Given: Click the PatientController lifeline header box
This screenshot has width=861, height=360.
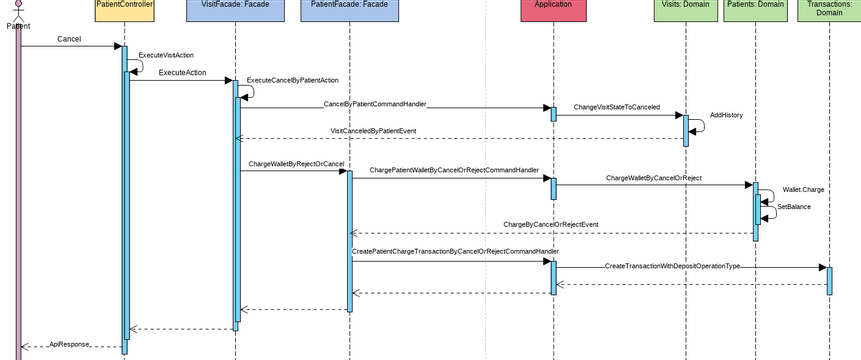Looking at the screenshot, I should (x=124, y=10).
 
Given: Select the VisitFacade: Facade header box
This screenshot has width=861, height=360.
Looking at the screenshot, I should (x=235, y=10).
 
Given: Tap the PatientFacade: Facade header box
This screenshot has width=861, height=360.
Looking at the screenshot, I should (x=349, y=10).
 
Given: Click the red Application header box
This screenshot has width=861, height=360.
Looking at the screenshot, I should (x=553, y=10).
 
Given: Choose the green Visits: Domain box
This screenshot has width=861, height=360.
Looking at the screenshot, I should (x=686, y=10).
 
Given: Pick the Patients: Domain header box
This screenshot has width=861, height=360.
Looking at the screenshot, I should (x=755, y=10).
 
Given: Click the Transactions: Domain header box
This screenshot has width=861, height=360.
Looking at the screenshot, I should (x=828, y=10).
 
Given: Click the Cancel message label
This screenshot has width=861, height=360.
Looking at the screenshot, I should (x=69, y=39).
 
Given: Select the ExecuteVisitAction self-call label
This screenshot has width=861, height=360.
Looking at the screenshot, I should (x=166, y=55).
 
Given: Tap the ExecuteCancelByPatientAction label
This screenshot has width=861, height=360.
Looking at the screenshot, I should (x=292, y=80).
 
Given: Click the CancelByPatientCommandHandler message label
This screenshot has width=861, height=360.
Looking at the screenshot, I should (x=375, y=104).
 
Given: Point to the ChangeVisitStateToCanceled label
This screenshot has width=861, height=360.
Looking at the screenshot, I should (x=616, y=107).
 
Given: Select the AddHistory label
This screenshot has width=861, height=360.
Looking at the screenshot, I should (x=726, y=116).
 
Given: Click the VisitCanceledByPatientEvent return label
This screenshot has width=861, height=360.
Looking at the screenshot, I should (x=373, y=131).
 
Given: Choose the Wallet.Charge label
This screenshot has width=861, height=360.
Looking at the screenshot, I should (x=803, y=189).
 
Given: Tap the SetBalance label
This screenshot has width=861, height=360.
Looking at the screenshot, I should (x=794, y=206).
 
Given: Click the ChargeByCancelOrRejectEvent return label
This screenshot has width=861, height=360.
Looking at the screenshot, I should (x=550, y=225).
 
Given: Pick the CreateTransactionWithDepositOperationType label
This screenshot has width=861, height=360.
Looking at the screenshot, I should (x=672, y=266).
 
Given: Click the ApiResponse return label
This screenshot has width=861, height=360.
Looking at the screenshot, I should (x=69, y=343).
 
